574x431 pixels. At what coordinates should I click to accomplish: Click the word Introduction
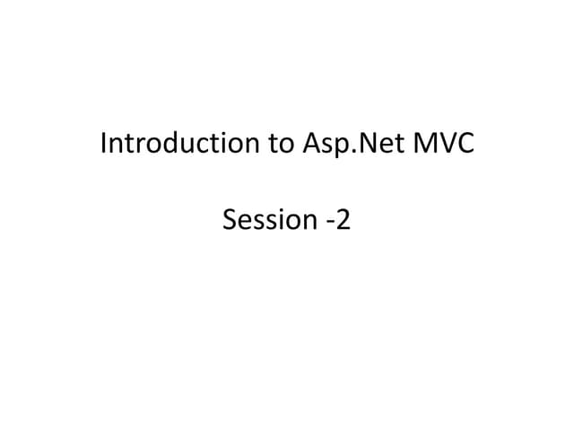pyautogui.click(x=179, y=144)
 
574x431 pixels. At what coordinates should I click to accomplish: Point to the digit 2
pyautogui.click(x=344, y=218)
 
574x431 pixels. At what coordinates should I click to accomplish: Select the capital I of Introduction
pyautogui.click(x=104, y=144)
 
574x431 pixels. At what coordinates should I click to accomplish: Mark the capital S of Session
pyautogui.click(x=228, y=218)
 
